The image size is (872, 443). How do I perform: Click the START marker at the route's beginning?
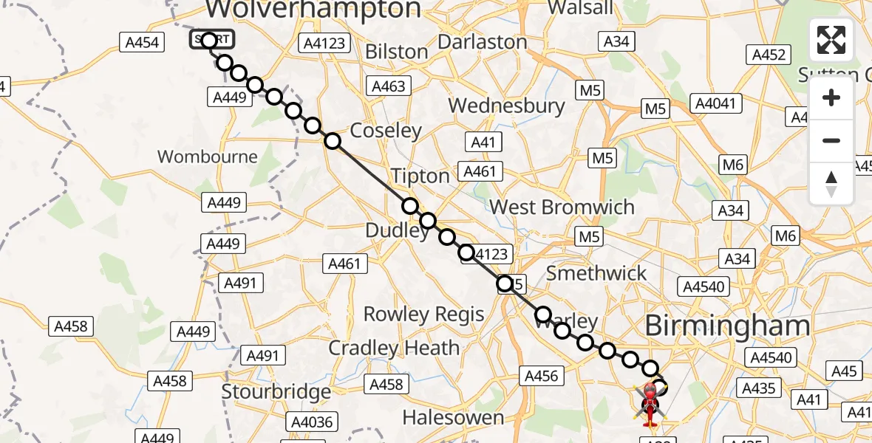(211, 40)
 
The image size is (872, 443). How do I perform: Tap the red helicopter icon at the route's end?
(649, 403)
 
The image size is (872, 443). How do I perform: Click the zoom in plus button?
(831, 97)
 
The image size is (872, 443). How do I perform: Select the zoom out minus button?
(831, 140)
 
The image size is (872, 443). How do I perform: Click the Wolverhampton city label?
(313, 9)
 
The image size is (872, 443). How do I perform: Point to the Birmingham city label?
(727, 326)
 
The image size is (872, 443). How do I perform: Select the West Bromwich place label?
(562, 207)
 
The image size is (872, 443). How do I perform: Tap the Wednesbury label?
(506, 106)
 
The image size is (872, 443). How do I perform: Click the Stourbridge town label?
(276, 391)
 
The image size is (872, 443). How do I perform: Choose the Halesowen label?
(452, 417)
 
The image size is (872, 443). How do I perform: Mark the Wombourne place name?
(208, 157)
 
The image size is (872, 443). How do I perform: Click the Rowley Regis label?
(423, 314)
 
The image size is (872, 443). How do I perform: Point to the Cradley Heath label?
(394, 348)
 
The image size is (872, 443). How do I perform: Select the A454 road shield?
(142, 43)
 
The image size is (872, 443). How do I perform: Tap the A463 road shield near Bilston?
(389, 86)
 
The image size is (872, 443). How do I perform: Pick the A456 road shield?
(541, 376)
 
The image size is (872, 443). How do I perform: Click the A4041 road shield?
(716, 103)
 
